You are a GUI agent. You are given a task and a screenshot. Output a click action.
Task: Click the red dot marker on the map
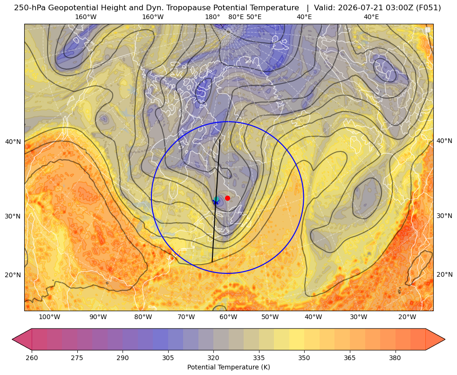pyautogui.click(x=228, y=198)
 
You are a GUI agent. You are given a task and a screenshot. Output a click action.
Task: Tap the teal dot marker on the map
pyautogui.click(x=216, y=199)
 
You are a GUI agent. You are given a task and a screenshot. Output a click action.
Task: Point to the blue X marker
pyautogui.click(x=216, y=202)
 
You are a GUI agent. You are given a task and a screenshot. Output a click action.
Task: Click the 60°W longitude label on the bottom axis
pyautogui.click(x=228, y=317)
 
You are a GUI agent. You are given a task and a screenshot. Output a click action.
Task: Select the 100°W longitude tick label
pyautogui.click(x=49, y=317)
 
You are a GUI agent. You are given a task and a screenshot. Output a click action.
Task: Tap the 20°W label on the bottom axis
pyautogui.click(x=407, y=317)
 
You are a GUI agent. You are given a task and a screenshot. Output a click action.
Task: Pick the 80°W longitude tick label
pyautogui.click(x=143, y=317)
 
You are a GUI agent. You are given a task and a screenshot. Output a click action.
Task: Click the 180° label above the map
pyautogui.click(x=213, y=17)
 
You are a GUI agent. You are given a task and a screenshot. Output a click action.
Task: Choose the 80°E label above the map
pyautogui.click(x=236, y=17)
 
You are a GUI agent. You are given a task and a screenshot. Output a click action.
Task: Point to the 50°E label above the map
pyautogui.click(x=254, y=17)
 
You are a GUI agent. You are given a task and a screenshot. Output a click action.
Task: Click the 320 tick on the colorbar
pyautogui.click(x=213, y=358)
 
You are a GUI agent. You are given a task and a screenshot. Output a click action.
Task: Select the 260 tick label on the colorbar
pyautogui.click(x=32, y=358)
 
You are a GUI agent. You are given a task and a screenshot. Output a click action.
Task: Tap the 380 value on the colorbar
pyautogui.click(x=395, y=358)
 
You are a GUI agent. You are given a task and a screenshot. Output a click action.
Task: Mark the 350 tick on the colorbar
pyautogui.click(x=304, y=358)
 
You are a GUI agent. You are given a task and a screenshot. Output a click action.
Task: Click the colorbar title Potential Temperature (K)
pyautogui.click(x=228, y=367)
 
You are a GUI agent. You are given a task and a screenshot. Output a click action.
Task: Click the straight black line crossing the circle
pyautogui.click(x=216, y=201)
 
